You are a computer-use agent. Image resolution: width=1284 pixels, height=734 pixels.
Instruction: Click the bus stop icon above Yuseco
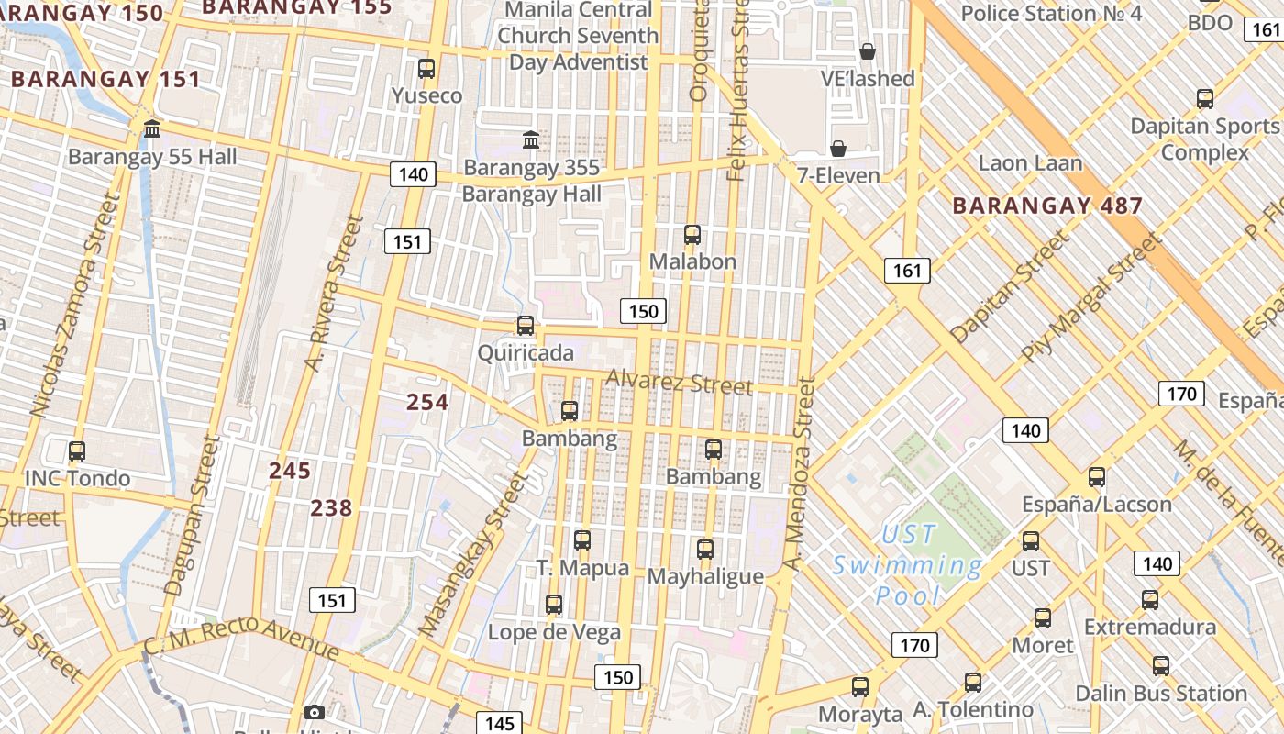coord(426,68)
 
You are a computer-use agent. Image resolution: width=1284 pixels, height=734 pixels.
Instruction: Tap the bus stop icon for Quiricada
coord(526,326)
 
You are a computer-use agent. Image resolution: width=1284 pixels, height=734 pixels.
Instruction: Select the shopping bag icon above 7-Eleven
coord(838,149)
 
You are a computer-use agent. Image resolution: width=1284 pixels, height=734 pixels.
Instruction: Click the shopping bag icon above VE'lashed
coord(868,51)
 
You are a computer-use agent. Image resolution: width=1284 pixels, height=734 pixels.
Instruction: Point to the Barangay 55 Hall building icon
coord(152,129)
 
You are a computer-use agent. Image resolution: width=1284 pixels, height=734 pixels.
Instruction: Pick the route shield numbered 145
coord(499,723)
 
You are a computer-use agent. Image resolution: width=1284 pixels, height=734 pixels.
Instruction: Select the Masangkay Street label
coord(474,553)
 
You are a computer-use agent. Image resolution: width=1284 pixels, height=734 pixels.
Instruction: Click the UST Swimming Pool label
coord(908,565)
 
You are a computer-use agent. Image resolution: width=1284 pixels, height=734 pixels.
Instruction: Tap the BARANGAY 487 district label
coord(1047,206)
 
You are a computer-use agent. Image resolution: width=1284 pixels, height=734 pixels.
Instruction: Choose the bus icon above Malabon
coord(692,235)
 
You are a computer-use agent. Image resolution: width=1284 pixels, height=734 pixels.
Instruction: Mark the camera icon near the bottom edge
coord(314,713)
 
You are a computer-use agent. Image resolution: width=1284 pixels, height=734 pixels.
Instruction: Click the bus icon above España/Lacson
coord(1097,477)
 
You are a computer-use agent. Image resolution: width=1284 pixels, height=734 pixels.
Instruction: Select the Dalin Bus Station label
coord(1161,693)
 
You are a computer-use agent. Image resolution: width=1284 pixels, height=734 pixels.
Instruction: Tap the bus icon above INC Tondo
coord(77,451)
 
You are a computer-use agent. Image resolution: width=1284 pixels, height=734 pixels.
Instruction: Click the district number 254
coord(427,402)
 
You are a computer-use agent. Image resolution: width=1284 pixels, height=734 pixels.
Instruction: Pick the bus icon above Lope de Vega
coord(554,605)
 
